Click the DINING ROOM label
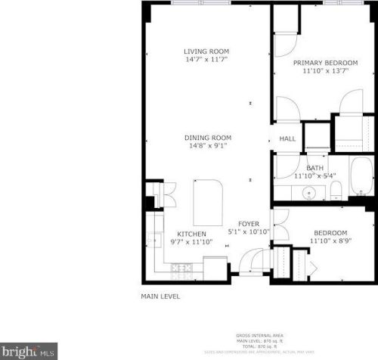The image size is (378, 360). click(x=208, y=138)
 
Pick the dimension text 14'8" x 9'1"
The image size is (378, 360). click(x=208, y=145)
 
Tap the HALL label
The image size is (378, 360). click(x=287, y=139)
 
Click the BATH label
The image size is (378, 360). click(x=315, y=168)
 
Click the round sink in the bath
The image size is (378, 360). click(x=308, y=194)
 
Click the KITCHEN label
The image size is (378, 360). click(x=192, y=234)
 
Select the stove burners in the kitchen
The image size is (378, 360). click(x=182, y=267)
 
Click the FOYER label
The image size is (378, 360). click(x=249, y=224)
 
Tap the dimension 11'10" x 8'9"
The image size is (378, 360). click(x=330, y=241)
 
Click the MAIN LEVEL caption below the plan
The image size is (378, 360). click(x=161, y=297)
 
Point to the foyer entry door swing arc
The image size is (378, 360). click(x=248, y=261)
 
